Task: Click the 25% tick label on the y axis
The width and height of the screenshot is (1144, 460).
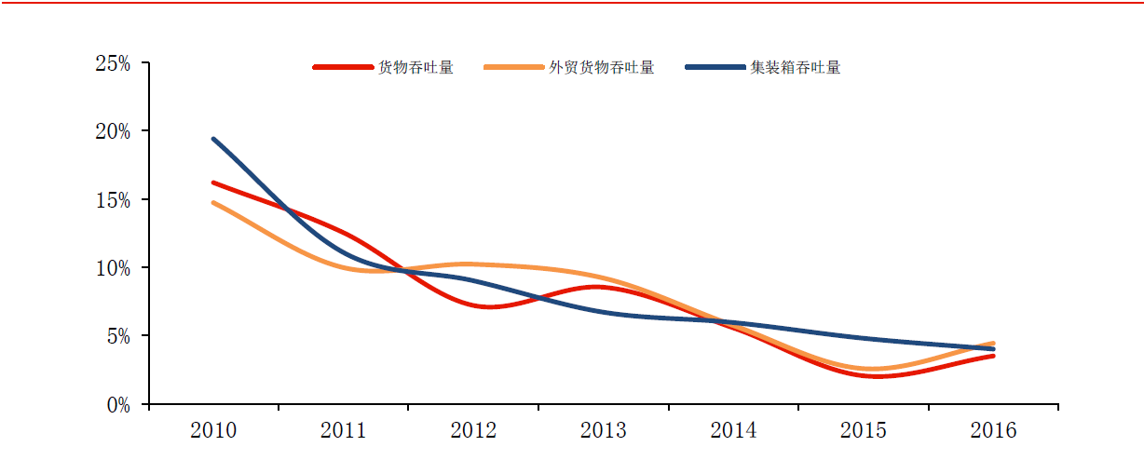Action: click(113, 64)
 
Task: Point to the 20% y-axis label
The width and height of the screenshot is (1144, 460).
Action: click(113, 132)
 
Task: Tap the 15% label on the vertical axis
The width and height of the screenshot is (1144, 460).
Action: click(113, 200)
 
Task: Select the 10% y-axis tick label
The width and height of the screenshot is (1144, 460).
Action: click(113, 268)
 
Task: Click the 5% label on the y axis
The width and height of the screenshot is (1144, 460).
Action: click(118, 336)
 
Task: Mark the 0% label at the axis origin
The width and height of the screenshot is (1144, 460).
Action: click(118, 405)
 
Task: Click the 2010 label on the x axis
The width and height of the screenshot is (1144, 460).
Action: click(213, 431)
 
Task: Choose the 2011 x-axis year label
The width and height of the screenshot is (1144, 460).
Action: click(343, 431)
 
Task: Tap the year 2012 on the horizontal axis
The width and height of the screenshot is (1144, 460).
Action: click(473, 431)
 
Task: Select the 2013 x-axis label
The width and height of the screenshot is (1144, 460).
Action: click(603, 431)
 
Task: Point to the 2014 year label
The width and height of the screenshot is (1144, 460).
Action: click(733, 431)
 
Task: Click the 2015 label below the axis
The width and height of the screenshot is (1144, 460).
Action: click(863, 431)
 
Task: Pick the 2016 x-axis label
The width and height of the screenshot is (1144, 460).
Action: click(993, 431)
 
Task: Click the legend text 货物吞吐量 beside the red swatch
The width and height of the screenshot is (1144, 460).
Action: click(415, 68)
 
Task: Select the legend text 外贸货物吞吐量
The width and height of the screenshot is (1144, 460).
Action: click(602, 68)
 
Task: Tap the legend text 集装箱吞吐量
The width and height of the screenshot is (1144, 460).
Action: click(796, 68)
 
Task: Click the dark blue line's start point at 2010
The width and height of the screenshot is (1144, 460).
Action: click(213, 140)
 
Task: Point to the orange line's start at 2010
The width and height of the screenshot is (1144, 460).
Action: click(213, 202)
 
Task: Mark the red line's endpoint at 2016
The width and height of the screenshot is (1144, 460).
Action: click(993, 356)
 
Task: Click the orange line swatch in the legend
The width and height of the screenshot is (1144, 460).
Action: click(514, 68)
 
